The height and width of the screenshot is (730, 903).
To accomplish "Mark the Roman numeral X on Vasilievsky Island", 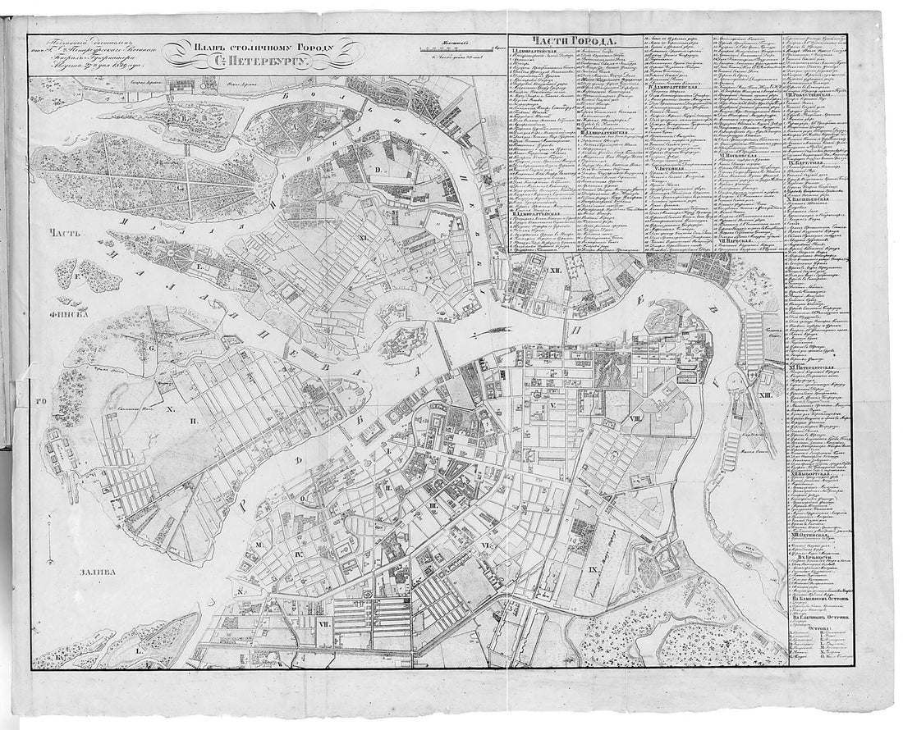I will point(170,408).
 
